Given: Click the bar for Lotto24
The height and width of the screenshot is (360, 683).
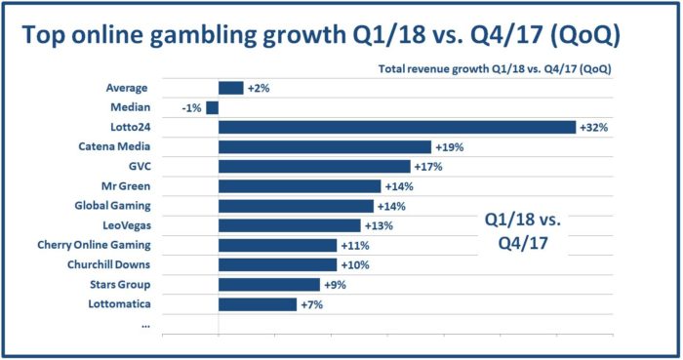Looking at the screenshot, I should click(397, 127).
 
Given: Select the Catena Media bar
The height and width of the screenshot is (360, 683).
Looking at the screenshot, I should click(325, 146).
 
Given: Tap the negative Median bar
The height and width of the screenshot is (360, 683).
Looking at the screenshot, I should click(212, 107).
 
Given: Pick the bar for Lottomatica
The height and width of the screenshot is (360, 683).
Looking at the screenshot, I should click(258, 304).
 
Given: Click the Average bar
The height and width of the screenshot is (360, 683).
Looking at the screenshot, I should click(231, 88).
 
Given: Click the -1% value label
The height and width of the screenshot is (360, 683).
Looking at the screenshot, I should click(191, 107).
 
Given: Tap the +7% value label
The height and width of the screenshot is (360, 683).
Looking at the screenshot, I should click(309, 304).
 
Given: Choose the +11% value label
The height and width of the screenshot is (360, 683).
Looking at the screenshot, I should click(351, 245).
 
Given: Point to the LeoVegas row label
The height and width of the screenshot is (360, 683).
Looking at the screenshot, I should click(123, 225).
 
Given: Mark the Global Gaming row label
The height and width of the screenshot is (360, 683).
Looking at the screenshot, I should click(112, 206).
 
